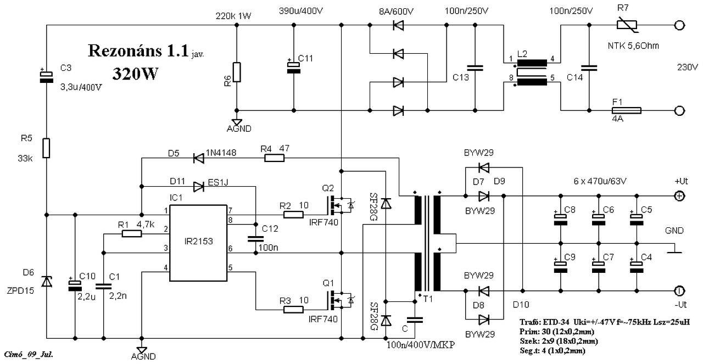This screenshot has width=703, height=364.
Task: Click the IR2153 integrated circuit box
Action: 198,243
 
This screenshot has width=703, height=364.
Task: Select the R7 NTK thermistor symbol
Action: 627,25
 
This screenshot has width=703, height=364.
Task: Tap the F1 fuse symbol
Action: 627,110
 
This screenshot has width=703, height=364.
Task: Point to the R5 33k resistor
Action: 46,148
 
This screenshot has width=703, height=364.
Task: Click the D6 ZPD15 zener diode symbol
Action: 47,282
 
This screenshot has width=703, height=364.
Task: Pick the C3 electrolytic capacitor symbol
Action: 47,76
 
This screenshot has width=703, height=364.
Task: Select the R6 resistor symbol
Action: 237,72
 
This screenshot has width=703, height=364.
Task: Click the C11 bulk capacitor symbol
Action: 294,68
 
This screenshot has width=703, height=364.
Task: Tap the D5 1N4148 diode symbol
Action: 198,158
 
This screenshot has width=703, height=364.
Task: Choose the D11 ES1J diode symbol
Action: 198,187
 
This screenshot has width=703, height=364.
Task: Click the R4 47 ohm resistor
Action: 274,158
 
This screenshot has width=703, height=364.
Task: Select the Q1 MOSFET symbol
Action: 339,301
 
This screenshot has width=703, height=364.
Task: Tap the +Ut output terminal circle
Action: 679,196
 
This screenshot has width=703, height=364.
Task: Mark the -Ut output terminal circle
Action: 679,291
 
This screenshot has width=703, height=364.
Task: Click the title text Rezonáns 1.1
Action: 138,51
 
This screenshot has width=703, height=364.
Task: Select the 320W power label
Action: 135,74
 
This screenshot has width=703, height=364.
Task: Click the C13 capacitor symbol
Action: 475,68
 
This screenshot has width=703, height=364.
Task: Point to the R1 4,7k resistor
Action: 132,233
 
